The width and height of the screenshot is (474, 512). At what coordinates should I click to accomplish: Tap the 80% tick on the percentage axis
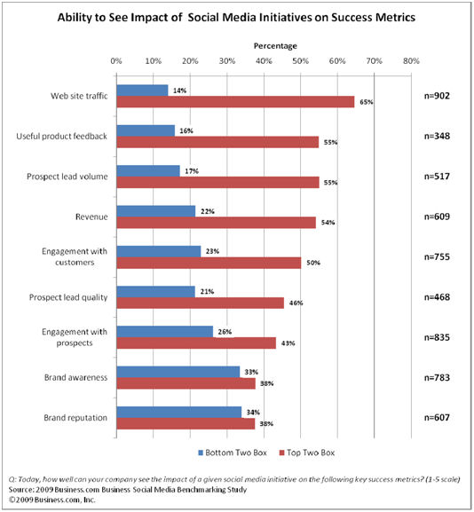pos(409,61)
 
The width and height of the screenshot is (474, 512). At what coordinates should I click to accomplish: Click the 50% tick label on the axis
pos(299,61)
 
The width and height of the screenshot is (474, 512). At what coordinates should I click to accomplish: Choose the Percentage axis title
pos(264,44)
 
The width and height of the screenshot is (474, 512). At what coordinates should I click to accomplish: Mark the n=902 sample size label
pos(440,96)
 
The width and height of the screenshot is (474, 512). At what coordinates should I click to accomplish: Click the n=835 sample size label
pos(440,337)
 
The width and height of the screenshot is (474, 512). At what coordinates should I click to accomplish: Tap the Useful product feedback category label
pos(63,136)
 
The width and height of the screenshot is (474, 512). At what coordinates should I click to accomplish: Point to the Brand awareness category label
pos(75,377)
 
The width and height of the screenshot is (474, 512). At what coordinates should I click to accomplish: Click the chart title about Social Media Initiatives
pos(236,16)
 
